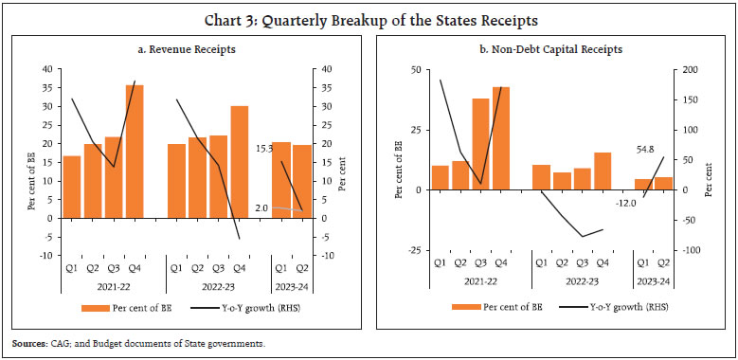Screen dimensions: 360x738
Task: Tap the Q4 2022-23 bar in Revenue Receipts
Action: click(x=240, y=162)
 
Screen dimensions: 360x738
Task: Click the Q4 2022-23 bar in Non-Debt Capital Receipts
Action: click(x=603, y=171)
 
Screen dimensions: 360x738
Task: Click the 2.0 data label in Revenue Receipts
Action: click(x=262, y=207)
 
